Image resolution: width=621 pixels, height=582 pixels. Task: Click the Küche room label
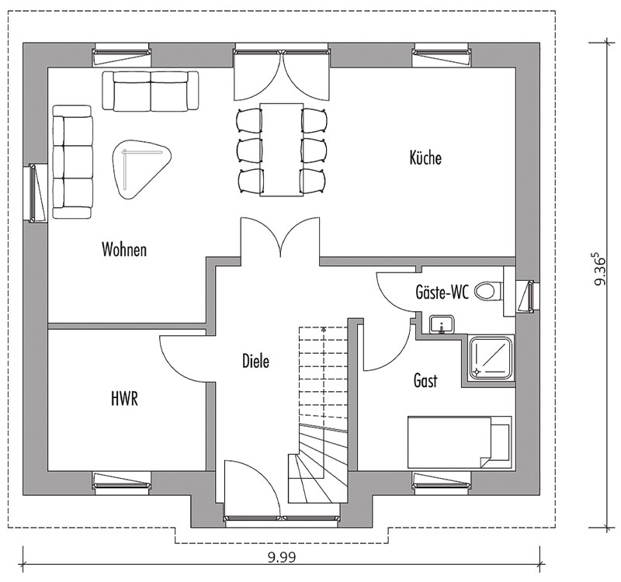coord(425,158)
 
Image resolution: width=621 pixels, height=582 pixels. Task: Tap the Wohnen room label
coord(124,249)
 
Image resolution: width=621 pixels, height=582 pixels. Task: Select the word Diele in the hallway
coord(256,361)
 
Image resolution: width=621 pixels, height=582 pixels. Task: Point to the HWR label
coord(125,399)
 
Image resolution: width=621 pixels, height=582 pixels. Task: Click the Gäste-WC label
coord(442,293)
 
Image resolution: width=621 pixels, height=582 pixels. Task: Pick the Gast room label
coord(425,380)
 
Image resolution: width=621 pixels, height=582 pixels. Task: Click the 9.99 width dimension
coord(282,557)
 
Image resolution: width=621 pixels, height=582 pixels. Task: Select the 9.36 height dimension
coord(600,268)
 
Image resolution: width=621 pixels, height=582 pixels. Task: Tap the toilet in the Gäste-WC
coord(488,292)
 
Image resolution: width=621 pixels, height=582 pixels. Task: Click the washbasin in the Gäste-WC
coord(442,324)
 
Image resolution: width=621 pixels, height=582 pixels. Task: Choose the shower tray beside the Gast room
coord(491,358)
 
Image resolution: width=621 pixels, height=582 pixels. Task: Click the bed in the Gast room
coord(460,442)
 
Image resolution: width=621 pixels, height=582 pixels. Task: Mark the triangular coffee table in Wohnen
coord(141,169)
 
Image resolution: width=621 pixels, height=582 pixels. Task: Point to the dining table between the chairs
coord(281,149)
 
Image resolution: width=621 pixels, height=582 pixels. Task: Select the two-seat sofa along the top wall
coord(151,90)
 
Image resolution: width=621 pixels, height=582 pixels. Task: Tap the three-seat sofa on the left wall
coord(72,161)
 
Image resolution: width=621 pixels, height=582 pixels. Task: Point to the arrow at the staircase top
coord(324,328)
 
